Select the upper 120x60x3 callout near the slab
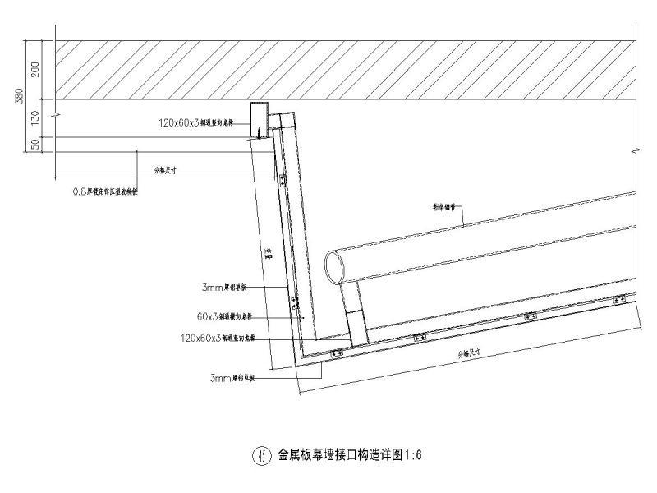pyautogui.click(x=196, y=122)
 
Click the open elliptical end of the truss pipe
pyautogui.click(x=335, y=267)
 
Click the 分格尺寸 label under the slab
pyautogui.click(x=167, y=171)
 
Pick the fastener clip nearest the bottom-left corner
pyautogui.click(x=336, y=354)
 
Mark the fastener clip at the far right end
pyautogui.click(x=619, y=298)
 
